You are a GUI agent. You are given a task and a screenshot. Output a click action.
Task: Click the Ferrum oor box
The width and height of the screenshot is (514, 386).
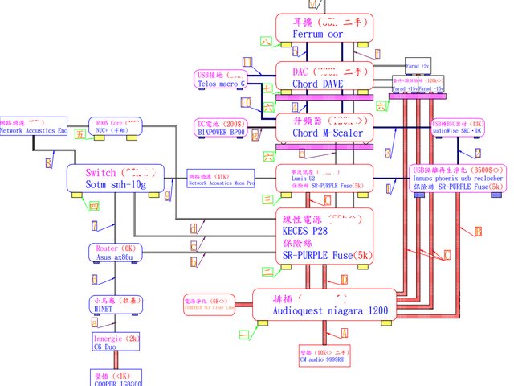[x=324, y=28]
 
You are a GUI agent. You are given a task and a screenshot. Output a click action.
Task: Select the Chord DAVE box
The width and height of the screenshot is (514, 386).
[x=324, y=76]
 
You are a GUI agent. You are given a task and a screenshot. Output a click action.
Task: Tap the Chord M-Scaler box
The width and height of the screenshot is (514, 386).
[x=324, y=126]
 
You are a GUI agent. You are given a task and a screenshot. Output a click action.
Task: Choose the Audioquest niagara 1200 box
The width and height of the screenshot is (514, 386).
[x=326, y=303]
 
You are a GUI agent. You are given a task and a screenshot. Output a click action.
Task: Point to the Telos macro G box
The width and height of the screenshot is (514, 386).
[x=222, y=78]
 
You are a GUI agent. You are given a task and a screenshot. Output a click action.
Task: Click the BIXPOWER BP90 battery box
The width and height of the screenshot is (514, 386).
[x=222, y=128]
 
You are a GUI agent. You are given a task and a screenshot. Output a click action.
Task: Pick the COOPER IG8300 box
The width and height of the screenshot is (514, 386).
[x=113, y=378]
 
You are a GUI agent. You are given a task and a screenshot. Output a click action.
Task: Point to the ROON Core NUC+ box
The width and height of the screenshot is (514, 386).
[x=113, y=126]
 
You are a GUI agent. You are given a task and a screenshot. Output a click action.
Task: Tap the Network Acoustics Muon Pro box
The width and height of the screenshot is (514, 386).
[x=222, y=179]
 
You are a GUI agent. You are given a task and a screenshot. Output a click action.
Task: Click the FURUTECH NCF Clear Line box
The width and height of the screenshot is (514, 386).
[x=210, y=303]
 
